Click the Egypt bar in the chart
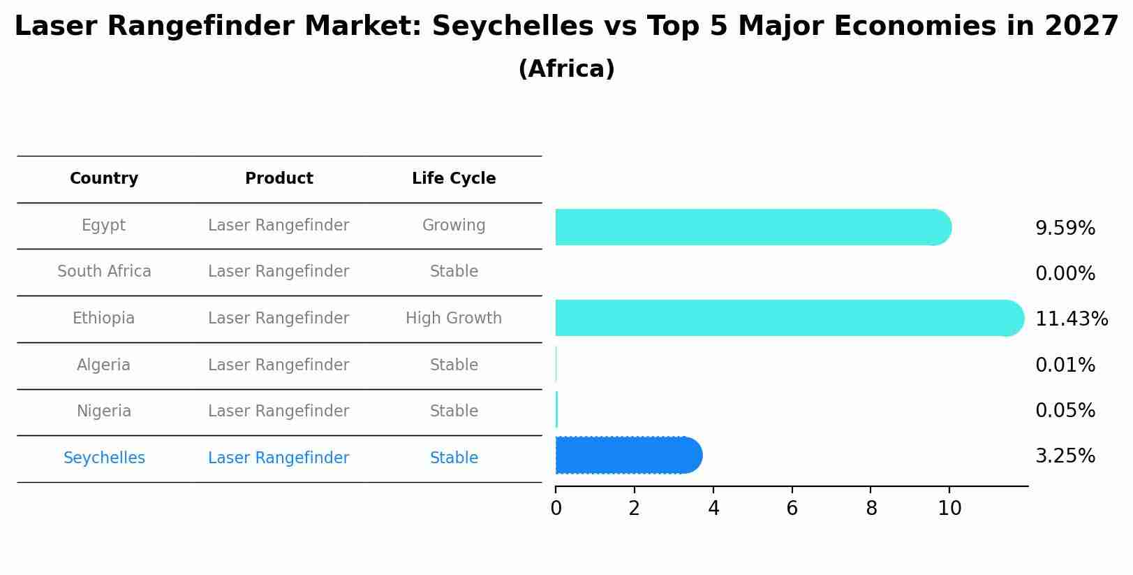point(753,227)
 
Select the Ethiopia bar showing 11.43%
point(789,318)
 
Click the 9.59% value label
point(1065,228)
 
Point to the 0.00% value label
point(1065,274)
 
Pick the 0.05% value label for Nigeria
point(1065,411)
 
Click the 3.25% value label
point(1065,456)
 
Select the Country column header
point(104,179)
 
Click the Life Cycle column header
point(454,179)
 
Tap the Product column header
point(279,179)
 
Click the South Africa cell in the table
point(104,272)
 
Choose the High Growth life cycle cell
point(454,319)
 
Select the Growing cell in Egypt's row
point(454,226)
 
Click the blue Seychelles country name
point(104,458)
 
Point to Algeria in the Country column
point(104,365)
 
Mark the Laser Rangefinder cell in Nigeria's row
point(279,412)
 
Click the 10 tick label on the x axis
point(949,509)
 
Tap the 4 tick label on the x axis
point(713,509)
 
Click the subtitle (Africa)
point(566,69)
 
